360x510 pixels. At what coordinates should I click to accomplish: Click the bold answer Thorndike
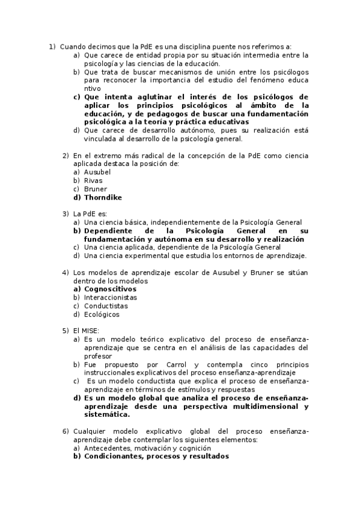(x=103, y=197)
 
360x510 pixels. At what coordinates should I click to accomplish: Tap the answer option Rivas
(x=93, y=180)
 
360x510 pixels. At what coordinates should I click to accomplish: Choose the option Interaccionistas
(x=110, y=297)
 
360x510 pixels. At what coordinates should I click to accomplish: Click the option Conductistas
(x=106, y=306)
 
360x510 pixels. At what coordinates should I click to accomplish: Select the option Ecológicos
(x=102, y=314)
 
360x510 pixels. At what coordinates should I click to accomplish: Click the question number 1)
(x=52, y=46)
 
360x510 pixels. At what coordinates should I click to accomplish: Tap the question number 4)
(x=66, y=272)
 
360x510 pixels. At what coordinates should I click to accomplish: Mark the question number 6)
(x=66, y=431)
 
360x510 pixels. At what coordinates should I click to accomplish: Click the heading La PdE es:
(x=90, y=214)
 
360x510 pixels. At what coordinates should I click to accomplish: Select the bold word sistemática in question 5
(x=106, y=414)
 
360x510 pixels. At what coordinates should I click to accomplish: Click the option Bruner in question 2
(x=96, y=189)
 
